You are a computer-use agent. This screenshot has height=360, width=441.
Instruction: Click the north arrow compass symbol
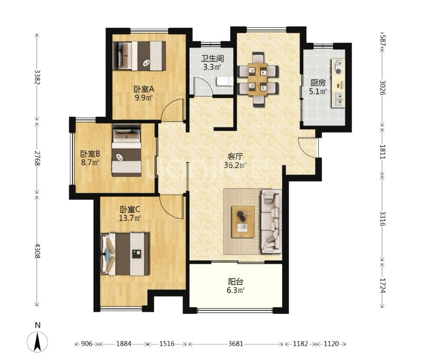(38, 341)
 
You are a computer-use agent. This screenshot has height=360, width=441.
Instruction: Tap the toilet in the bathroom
(224, 82)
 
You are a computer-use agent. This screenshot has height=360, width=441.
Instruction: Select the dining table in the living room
(258, 79)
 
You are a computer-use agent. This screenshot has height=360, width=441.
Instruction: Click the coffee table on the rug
(243, 222)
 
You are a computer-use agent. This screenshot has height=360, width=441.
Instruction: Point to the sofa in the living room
(271, 221)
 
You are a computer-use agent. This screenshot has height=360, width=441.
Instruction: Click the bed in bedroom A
(139, 56)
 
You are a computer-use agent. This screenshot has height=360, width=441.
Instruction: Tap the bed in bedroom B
(126, 150)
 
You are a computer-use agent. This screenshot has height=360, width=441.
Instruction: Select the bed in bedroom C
(124, 254)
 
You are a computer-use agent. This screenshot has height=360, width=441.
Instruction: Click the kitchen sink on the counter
(338, 99)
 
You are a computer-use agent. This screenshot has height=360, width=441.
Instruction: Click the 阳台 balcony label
(235, 282)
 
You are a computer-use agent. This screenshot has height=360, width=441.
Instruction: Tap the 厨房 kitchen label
(318, 83)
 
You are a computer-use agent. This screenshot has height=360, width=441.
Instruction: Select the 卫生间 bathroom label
(212, 59)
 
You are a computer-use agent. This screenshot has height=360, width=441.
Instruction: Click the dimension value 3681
(235, 344)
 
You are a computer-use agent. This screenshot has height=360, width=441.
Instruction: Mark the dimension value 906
(86, 344)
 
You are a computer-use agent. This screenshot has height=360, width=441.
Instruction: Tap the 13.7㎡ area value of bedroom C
(130, 218)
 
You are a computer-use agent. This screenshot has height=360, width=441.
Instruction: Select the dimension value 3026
(382, 87)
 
